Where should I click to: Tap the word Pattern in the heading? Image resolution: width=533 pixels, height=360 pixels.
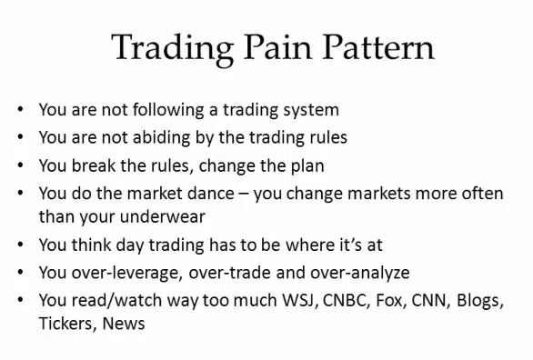(x=378, y=47)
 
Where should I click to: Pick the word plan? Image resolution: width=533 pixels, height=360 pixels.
(x=307, y=166)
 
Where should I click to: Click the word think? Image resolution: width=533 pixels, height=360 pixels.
(x=91, y=245)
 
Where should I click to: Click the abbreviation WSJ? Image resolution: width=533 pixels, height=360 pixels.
(x=300, y=300)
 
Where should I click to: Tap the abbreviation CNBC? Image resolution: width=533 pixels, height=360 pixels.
(x=346, y=300)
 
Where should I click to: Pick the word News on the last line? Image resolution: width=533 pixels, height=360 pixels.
(x=124, y=324)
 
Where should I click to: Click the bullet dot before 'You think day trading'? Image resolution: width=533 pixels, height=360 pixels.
(x=20, y=245)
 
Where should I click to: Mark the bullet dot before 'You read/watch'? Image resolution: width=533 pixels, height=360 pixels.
(x=20, y=300)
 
